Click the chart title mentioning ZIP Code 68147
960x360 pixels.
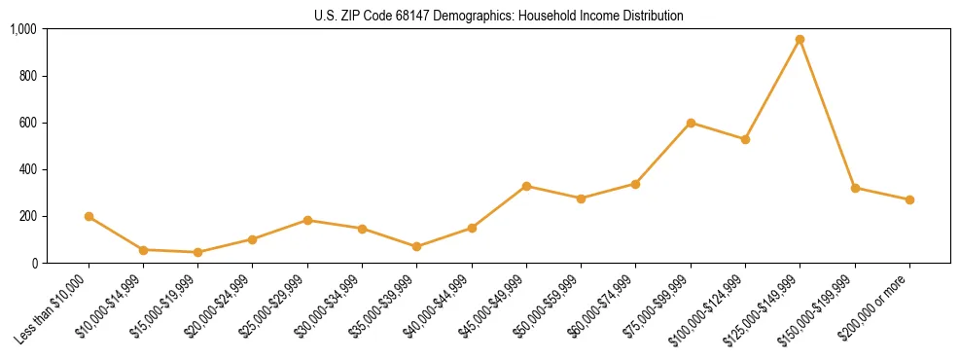[499, 16]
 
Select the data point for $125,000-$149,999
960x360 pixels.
[800, 40]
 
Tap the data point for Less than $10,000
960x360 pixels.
[89, 216]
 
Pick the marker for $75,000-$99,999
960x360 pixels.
[691, 123]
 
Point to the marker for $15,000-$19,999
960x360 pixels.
[197, 252]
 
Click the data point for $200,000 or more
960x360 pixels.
[909, 199]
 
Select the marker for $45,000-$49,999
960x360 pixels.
[526, 186]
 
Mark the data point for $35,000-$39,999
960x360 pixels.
[416, 246]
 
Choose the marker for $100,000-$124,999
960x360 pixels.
[745, 139]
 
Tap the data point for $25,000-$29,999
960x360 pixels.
[307, 220]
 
